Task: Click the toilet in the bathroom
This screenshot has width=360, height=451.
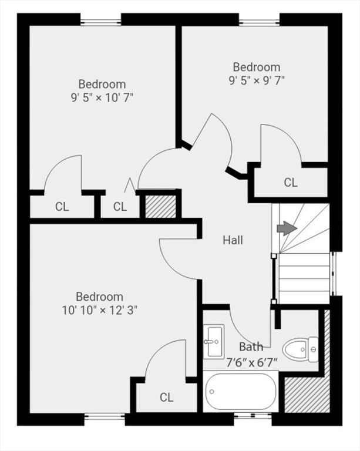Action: pos(300,349)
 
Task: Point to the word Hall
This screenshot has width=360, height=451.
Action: pos(233,240)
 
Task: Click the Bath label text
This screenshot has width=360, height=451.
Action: pos(251,347)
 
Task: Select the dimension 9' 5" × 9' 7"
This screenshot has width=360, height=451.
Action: pos(257,80)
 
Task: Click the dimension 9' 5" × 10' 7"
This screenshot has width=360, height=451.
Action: pos(102,97)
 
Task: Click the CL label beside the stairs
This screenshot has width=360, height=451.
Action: pos(291,183)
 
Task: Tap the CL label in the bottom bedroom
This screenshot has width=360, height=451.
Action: pos(167,398)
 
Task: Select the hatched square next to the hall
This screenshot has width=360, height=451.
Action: pos(160,206)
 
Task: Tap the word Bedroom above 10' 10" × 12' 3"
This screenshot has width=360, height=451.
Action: pos(99,297)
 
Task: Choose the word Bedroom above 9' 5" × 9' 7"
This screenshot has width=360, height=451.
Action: pos(257,67)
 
